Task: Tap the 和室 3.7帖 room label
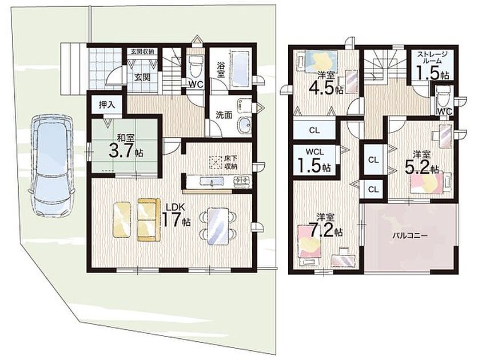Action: point(126,146)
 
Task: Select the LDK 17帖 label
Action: point(176,215)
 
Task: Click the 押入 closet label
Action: point(107,105)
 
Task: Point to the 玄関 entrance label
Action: point(143,77)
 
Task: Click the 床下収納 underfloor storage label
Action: point(231,162)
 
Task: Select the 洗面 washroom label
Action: point(224,115)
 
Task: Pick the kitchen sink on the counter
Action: point(212,182)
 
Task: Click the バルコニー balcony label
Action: point(410,235)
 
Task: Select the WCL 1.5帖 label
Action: point(314,159)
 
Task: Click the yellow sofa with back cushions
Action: point(149,219)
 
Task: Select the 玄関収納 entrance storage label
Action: point(142,51)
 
